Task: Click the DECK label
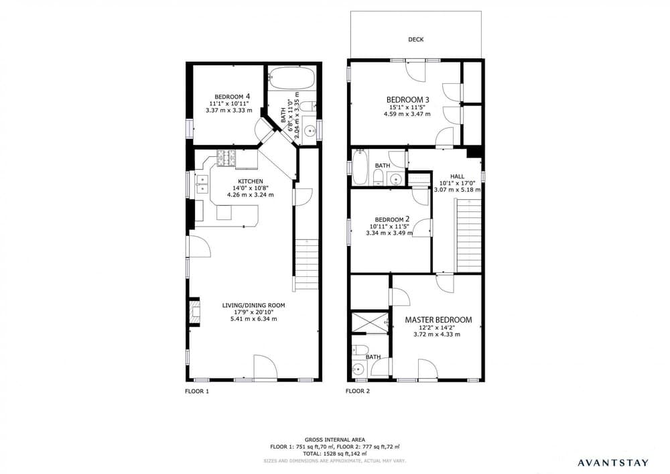pyautogui.click(x=416, y=40)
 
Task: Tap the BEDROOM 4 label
pyautogui.click(x=232, y=96)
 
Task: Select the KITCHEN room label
pyautogui.click(x=251, y=181)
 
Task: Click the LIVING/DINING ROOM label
pyautogui.click(x=254, y=305)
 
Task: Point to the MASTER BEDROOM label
pyautogui.click(x=438, y=320)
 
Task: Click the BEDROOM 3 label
pyautogui.click(x=407, y=100)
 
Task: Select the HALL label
pyautogui.click(x=458, y=176)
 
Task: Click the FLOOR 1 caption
pyautogui.click(x=197, y=390)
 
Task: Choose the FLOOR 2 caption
pyautogui.click(x=358, y=390)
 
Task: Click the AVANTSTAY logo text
pyautogui.click(x=612, y=462)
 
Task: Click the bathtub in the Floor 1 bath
pyautogui.click(x=292, y=78)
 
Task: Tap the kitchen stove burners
pyautogui.click(x=225, y=158)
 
